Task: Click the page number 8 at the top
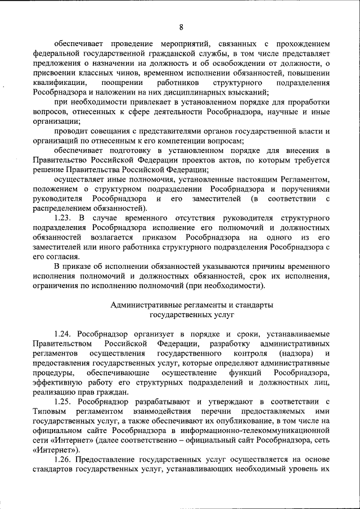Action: click(181, 27)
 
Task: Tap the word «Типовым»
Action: click(50, 411)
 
